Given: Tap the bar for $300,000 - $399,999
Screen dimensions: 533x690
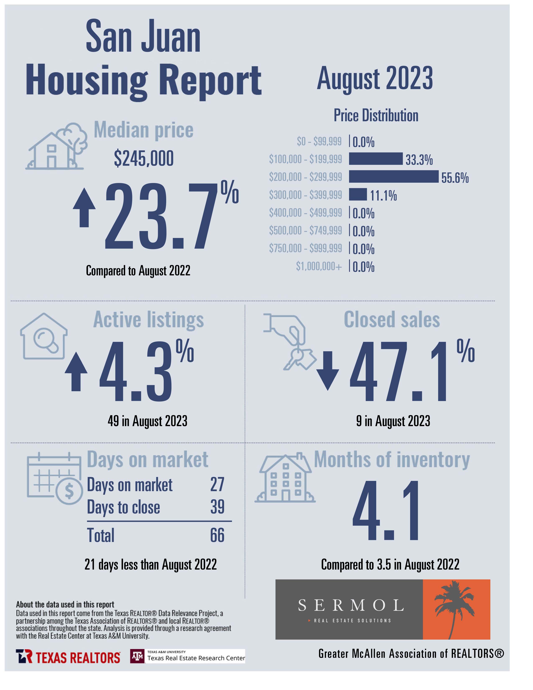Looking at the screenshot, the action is (x=358, y=194).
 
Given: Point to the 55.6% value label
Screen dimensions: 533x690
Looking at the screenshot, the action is (x=455, y=178).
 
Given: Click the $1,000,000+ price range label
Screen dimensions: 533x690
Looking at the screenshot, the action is (x=319, y=266).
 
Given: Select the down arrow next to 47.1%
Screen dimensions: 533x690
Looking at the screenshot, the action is (x=328, y=371).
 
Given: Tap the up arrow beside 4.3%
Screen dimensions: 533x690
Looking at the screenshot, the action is (x=76, y=372).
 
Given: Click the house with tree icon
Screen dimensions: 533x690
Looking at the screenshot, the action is (x=56, y=146).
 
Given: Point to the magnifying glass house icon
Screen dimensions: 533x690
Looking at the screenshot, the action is (x=43, y=336).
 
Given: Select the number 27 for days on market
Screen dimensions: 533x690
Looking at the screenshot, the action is (x=217, y=484).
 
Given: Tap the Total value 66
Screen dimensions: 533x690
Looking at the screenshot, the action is (x=217, y=535).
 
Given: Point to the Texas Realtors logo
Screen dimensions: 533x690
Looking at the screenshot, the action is (x=68, y=657).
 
